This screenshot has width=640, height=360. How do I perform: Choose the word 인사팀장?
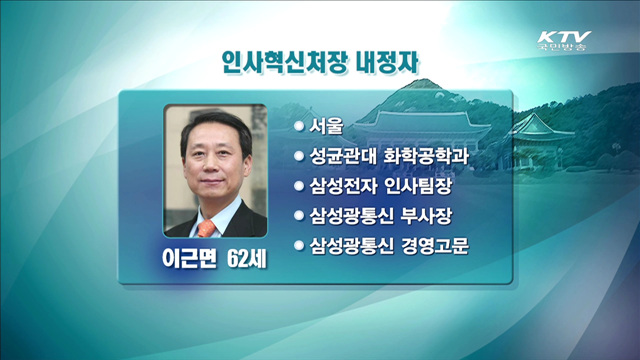pos(429,186)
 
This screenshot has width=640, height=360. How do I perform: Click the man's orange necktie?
pos(207,228)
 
